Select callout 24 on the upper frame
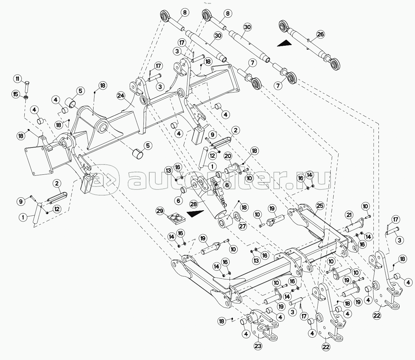pyautogui.click(x=121, y=96)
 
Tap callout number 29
pyautogui.click(x=160, y=211)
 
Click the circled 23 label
pyautogui.click(x=258, y=346)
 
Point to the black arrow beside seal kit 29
pyautogui.click(x=196, y=214)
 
